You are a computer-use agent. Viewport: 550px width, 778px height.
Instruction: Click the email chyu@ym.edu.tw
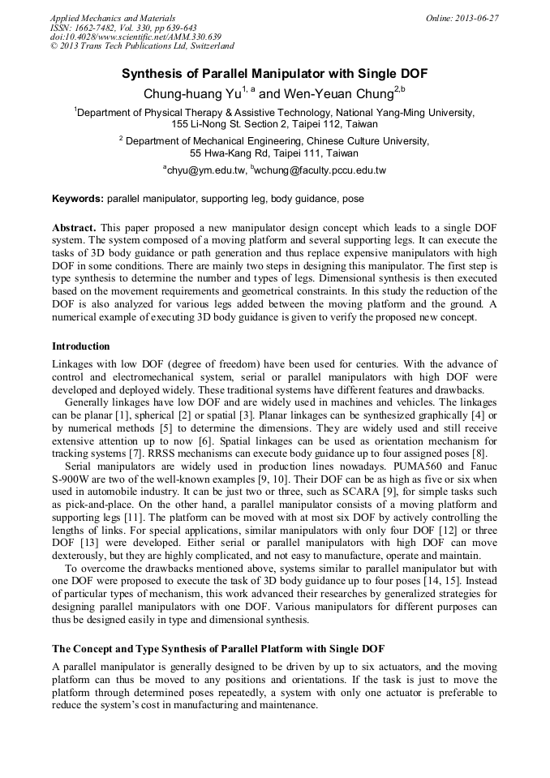point(207,170)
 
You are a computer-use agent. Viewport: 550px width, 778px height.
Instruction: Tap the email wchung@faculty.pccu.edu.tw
point(320,170)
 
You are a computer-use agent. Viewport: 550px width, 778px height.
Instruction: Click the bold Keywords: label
point(78,199)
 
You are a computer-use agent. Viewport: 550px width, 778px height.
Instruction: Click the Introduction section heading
point(81,346)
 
